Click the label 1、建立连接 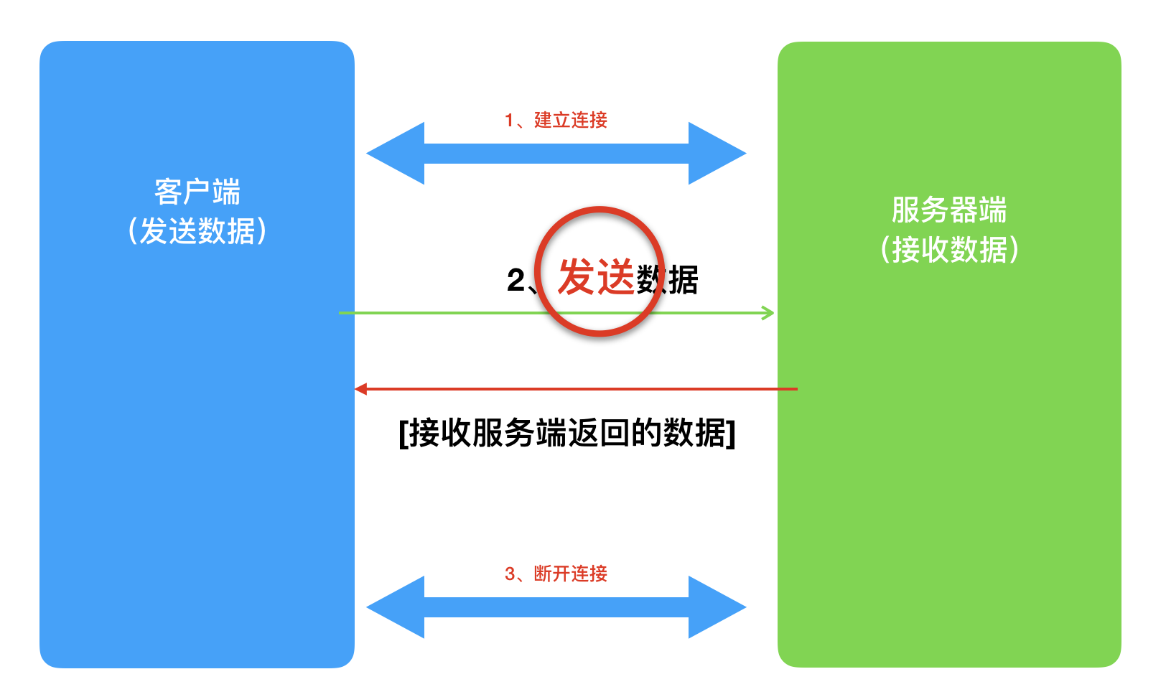pyautogui.click(x=556, y=120)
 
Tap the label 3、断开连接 pyautogui.click(x=556, y=574)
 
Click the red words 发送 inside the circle pyautogui.click(x=596, y=277)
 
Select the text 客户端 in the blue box pyautogui.click(x=197, y=192)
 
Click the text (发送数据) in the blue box pyautogui.click(x=197, y=231)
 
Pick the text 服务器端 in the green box pyautogui.click(x=949, y=210)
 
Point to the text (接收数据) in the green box pyautogui.click(x=949, y=250)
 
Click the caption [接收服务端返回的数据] pyautogui.click(x=567, y=433)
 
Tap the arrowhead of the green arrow pyautogui.click(x=768, y=313)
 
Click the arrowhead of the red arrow pyautogui.click(x=361, y=389)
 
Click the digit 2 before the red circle pyautogui.click(x=516, y=280)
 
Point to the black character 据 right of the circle pyautogui.click(x=683, y=280)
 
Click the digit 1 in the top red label pyautogui.click(x=509, y=121)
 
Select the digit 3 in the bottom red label pyautogui.click(x=510, y=574)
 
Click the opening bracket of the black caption pyautogui.click(x=404, y=433)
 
